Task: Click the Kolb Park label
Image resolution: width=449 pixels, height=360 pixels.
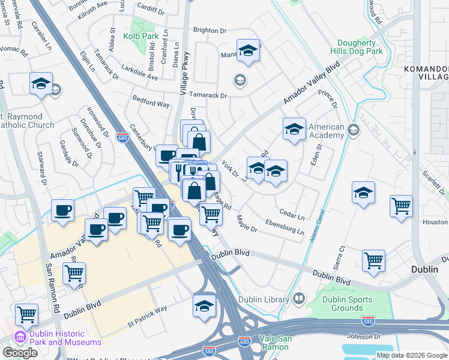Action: coord(140,37)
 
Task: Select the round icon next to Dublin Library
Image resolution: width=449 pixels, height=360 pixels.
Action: coord(298,299)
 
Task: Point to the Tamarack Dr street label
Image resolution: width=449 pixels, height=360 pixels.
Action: coord(208,95)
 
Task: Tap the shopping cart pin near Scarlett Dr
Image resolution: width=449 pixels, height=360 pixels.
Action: coord(401,206)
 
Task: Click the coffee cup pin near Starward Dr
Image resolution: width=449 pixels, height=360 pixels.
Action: coord(62,211)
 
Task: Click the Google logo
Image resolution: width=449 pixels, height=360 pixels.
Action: coord(20,353)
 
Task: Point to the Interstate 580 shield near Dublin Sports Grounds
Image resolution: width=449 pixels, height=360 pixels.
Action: coord(369,322)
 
